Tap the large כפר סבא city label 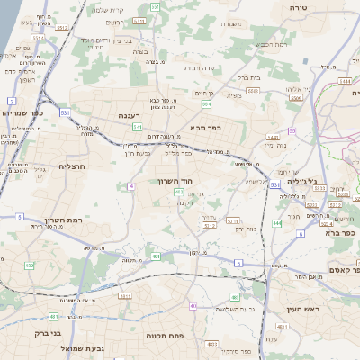coord(206,128)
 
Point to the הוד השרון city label coord(188,181)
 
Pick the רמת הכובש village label coord(270,43)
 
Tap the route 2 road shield coord(11,100)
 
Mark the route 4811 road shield coord(53,317)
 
